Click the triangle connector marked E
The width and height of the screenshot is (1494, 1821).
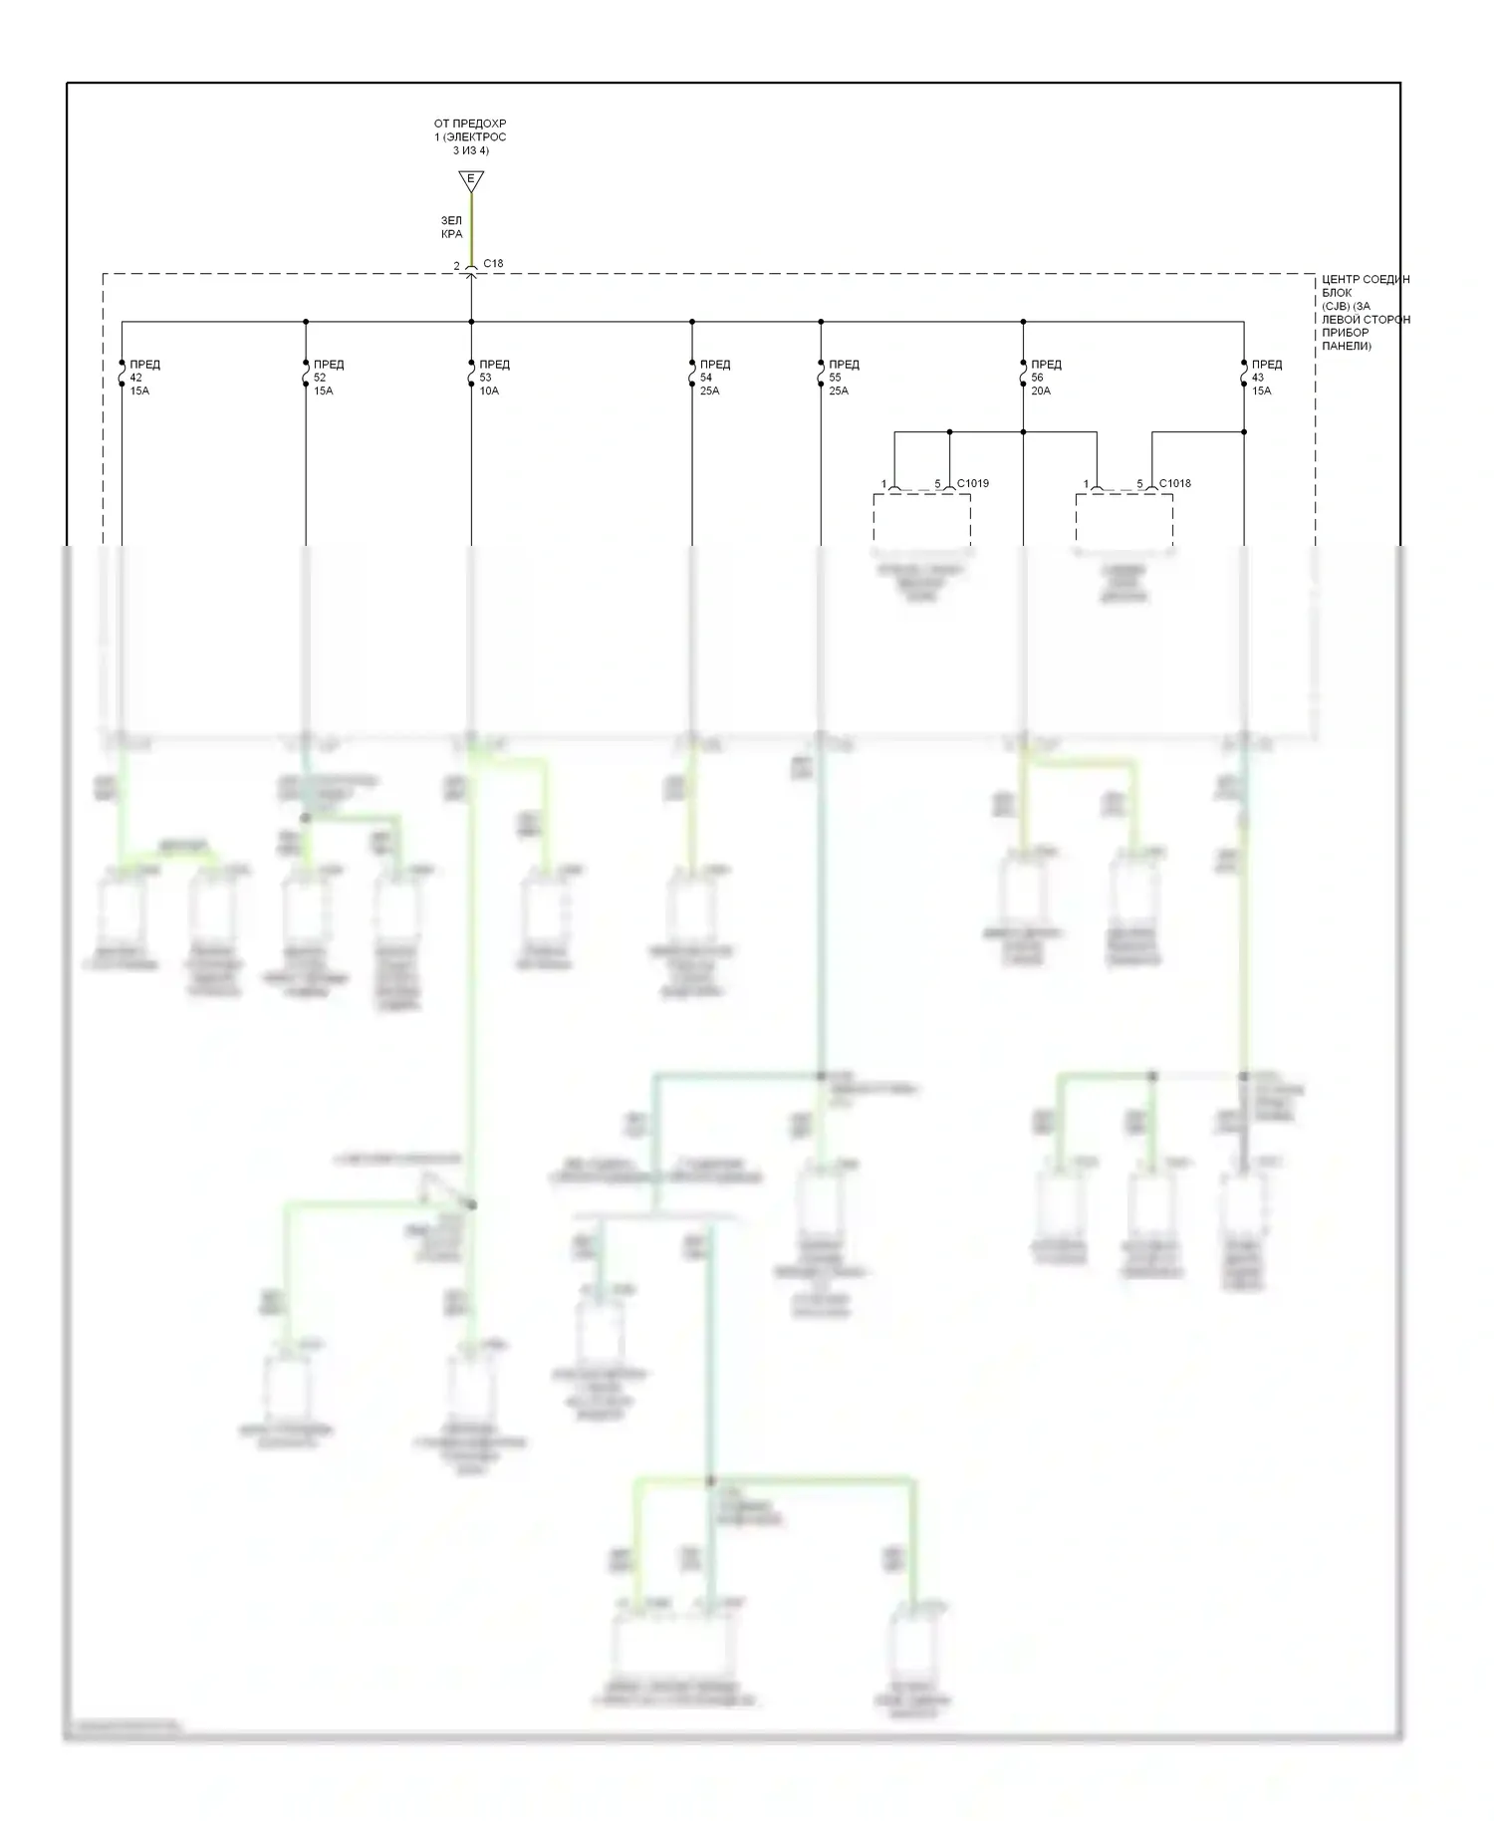click(x=471, y=180)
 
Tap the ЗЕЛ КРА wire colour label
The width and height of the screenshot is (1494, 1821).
click(x=452, y=227)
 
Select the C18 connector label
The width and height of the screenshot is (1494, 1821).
click(x=493, y=264)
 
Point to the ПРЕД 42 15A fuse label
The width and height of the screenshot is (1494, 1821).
click(x=143, y=378)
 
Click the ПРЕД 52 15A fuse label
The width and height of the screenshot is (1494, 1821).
click(x=328, y=378)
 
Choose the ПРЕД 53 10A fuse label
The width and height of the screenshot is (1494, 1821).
click(x=493, y=378)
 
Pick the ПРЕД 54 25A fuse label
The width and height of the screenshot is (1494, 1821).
click(x=714, y=378)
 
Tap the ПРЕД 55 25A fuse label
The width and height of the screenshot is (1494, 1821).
click(x=843, y=378)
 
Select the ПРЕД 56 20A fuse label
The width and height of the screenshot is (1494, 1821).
click(x=1045, y=378)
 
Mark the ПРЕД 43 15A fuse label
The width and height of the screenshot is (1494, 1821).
click(x=1266, y=378)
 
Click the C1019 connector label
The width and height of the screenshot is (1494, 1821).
click(x=973, y=483)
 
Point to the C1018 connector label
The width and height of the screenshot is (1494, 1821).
click(x=1175, y=483)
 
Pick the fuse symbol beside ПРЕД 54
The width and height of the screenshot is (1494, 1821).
click(x=692, y=373)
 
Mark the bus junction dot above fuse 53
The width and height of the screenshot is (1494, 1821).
click(x=471, y=322)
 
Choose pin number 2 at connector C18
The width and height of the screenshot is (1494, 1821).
click(x=457, y=266)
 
